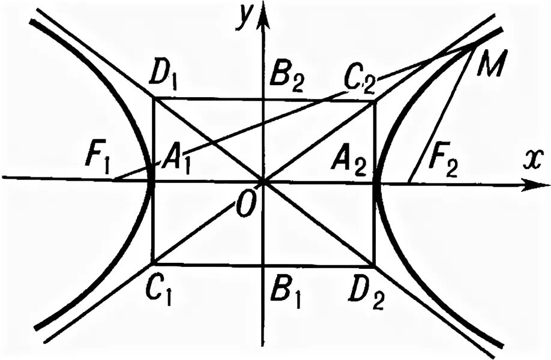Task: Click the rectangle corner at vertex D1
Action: coord(155,98)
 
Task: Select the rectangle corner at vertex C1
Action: coord(155,263)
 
